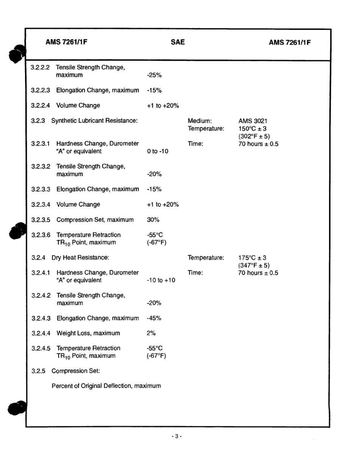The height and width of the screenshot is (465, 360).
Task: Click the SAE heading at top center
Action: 177,42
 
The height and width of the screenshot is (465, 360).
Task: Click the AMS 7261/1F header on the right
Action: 290,42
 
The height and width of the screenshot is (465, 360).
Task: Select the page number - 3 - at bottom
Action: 177,437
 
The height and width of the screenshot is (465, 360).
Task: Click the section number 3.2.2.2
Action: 40,68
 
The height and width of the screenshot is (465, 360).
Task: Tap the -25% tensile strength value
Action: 154,75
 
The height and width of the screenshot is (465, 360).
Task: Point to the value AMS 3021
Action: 253,121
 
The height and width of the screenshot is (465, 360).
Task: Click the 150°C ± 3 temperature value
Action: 252,129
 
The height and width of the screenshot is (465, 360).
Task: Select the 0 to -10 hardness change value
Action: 157,151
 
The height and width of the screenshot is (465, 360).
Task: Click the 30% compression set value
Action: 153,220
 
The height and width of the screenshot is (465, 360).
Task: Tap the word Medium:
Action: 199,121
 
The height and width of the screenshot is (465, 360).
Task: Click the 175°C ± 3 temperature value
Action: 252,258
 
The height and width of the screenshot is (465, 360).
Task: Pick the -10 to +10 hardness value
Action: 161,280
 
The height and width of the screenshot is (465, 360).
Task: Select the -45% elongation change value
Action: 154,318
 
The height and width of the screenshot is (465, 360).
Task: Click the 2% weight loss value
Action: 151,333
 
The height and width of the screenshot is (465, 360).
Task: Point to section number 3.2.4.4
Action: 40,333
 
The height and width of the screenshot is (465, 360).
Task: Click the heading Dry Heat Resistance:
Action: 80,258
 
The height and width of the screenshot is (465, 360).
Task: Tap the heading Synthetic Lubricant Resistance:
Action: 94,121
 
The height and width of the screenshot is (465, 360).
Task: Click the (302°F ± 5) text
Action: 254,137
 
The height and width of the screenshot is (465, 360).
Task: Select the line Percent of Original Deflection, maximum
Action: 106,386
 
